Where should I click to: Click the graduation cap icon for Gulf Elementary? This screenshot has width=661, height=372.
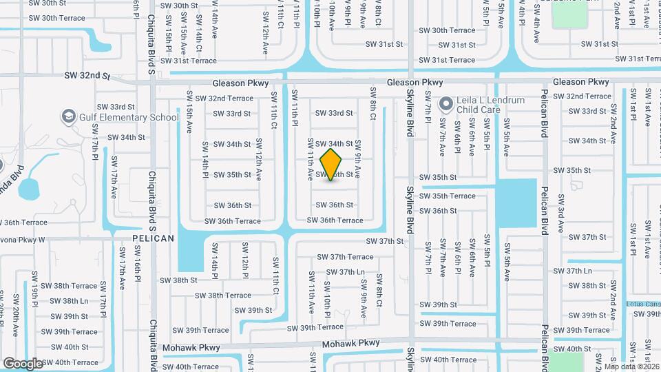click(x=68, y=116)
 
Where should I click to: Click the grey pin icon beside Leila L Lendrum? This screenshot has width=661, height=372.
click(x=445, y=105)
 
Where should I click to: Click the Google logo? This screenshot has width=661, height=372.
click(x=23, y=362)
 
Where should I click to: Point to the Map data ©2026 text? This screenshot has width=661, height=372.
click(x=631, y=366)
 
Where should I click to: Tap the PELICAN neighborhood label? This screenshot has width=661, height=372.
click(x=153, y=238)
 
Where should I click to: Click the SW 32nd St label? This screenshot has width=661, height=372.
click(x=87, y=75)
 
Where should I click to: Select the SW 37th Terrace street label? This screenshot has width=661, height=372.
click(x=345, y=257)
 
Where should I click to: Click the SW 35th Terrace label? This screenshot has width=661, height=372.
click(x=448, y=196)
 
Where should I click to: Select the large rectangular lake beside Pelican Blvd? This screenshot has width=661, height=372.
click(x=516, y=203)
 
